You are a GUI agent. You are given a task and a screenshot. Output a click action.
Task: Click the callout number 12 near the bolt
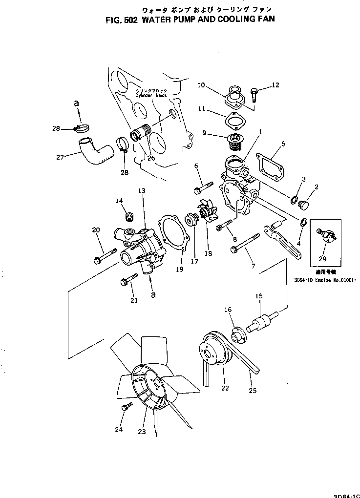275,85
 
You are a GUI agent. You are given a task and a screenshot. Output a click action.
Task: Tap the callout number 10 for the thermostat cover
201,85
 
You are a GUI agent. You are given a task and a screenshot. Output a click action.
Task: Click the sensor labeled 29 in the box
324,237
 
